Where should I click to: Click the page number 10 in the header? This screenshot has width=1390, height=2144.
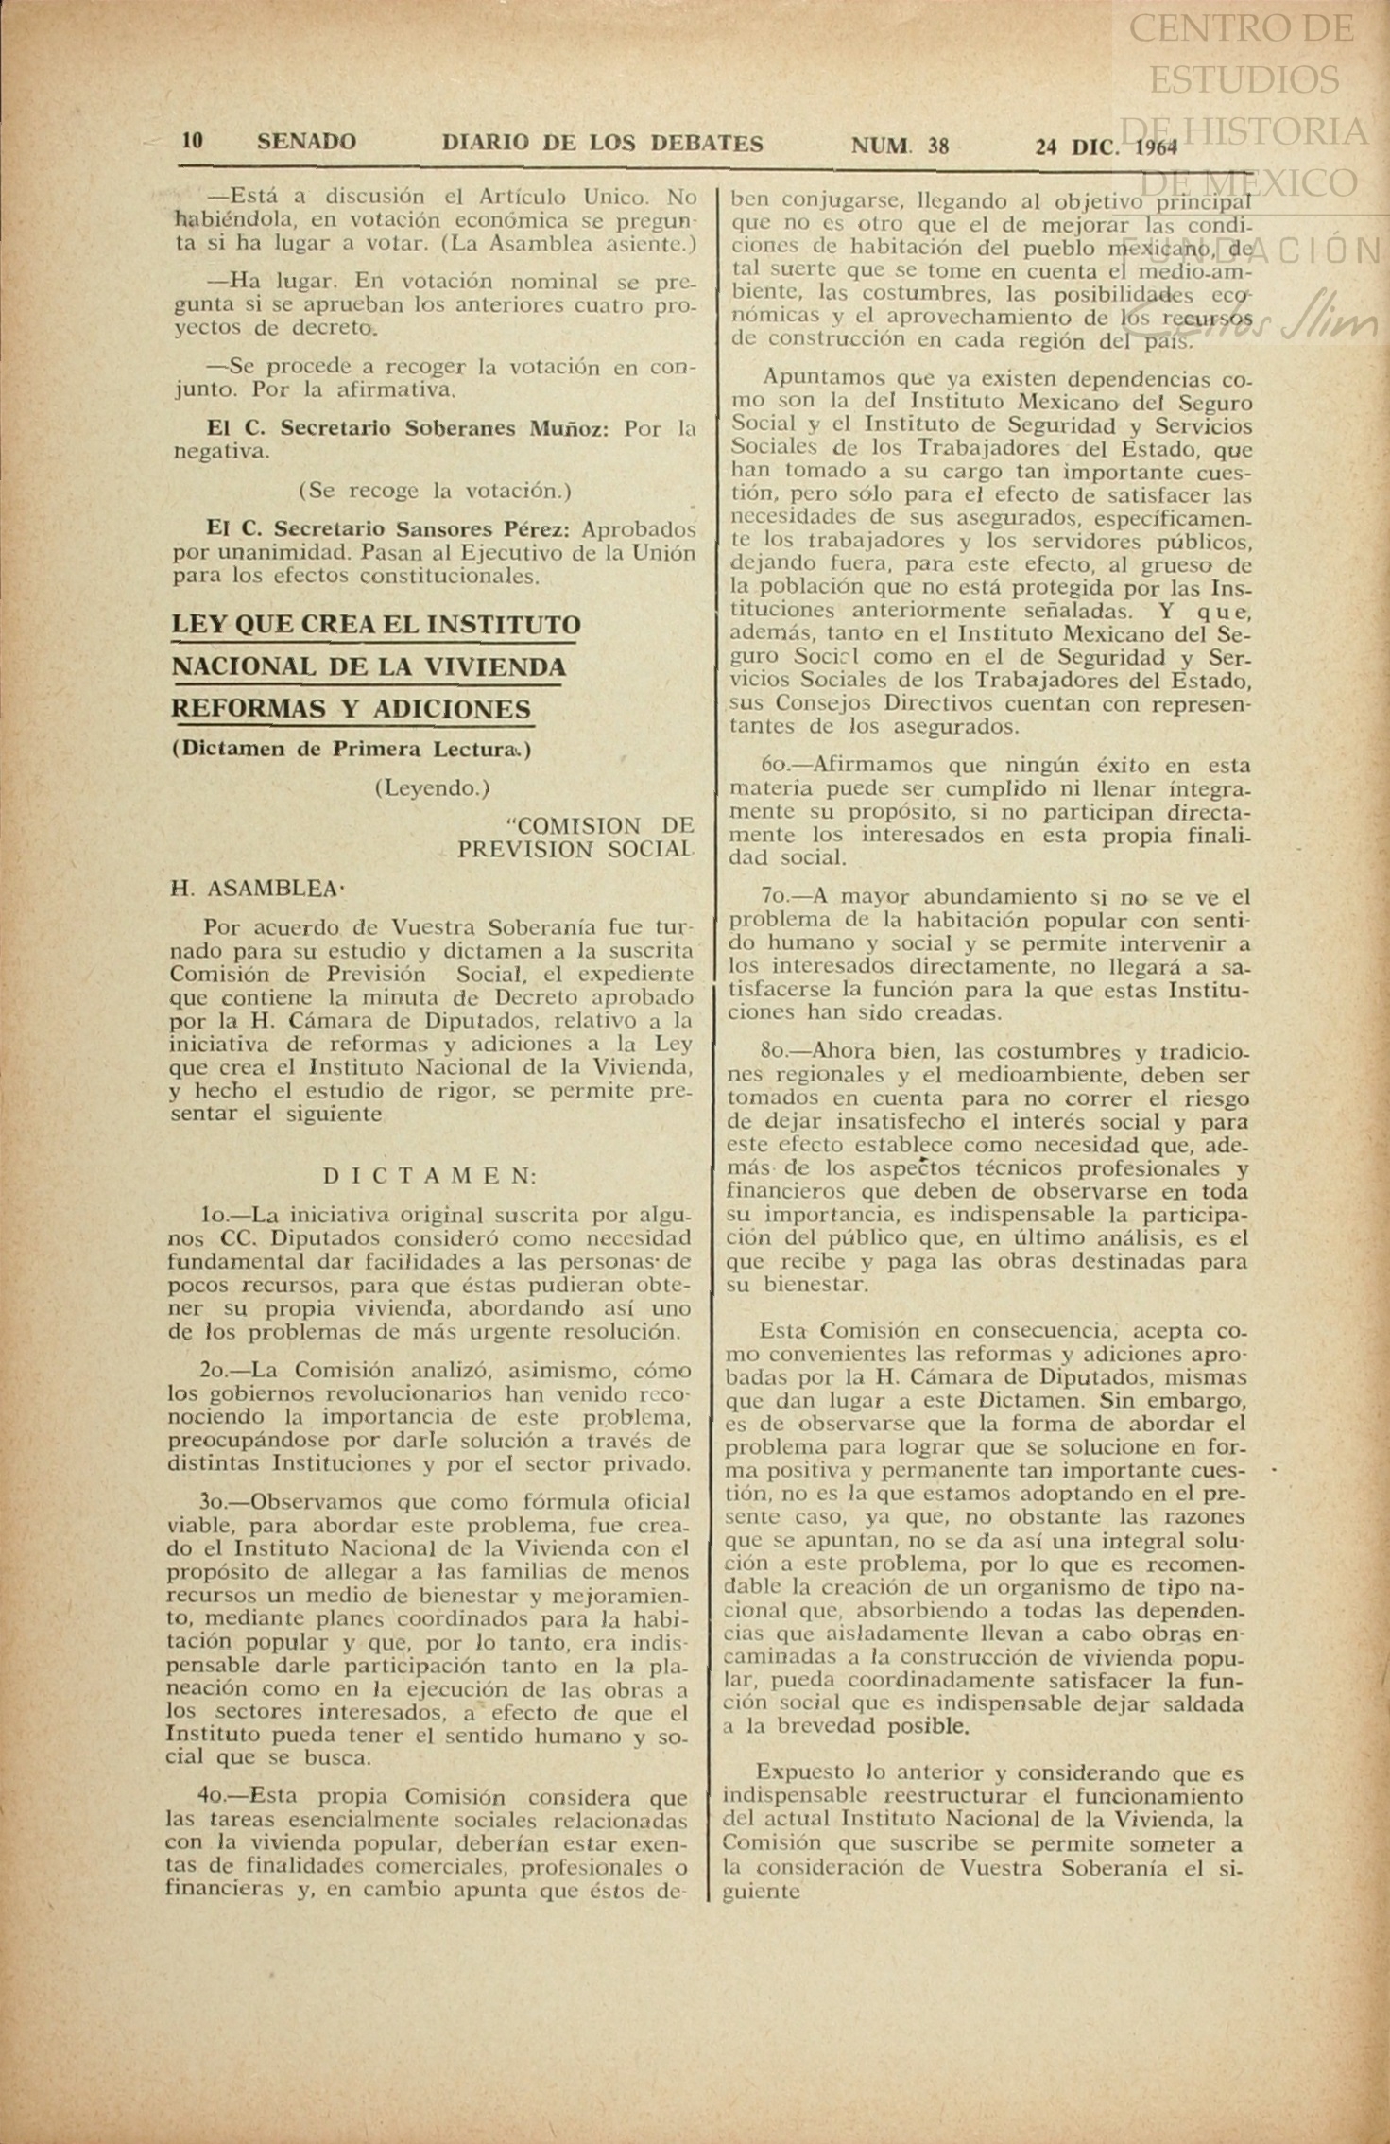pyautogui.click(x=192, y=142)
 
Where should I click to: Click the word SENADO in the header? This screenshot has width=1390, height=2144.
pyautogui.click(x=306, y=143)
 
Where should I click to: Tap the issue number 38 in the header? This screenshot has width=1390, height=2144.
pyautogui.click(x=937, y=146)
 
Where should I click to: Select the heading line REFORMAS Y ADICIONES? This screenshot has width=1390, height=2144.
pyautogui.click(x=351, y=709)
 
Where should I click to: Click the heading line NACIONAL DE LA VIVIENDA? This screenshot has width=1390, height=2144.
pyautogui.click(x=369, y=667)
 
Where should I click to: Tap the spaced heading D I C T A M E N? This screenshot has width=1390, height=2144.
pyautogui.click(x=430, y=1176)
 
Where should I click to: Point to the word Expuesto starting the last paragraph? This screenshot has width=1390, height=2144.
pyautogui.click(x=800, y=1773)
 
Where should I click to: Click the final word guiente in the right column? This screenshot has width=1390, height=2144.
pyautogui.click(x=761, y=1891)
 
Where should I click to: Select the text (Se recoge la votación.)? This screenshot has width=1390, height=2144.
pyautogui.click(x=435, y=491)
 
